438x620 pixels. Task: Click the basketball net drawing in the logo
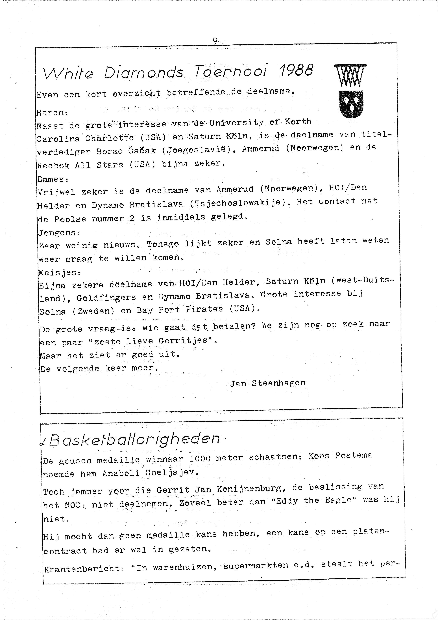[350, 76]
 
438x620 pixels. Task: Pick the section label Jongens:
[59, 232]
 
